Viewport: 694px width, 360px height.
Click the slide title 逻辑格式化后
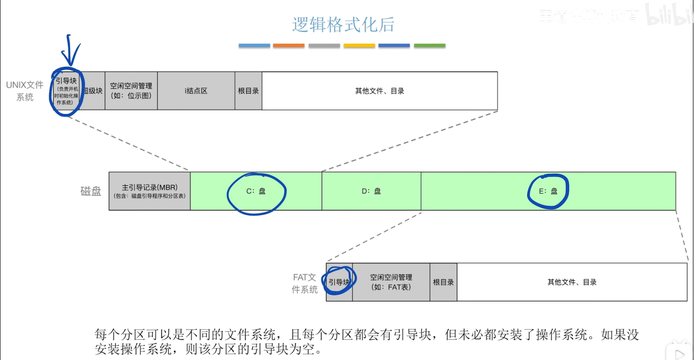click(x=343, y=25)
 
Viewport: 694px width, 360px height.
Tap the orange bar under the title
click(x=289, y=46)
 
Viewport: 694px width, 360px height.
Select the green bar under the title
click(x=430, y=46)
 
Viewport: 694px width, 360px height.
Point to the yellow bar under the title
click(x=359, y=46)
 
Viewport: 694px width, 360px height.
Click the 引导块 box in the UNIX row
click(x=66, y=91)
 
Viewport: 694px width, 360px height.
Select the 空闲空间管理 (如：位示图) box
click(x=131, y=91)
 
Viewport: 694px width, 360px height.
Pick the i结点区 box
click(x=196, y=91)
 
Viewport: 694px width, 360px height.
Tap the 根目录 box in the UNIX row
click(x=248, y=91)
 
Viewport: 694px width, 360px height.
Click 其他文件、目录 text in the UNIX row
click(x=379, y=91)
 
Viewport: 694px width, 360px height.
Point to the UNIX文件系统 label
click(x=25, y=91)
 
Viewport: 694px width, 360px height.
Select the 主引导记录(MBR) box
click(x=149, y=191)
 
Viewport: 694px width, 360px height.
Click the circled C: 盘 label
click(x=256, y=191)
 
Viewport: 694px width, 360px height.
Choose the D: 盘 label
click(x=371, y=191)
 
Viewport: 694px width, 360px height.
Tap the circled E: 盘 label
click(x=548, y=191)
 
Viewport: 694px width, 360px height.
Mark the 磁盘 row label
click(x=90, y=191)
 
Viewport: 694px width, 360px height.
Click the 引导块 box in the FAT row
click(x=339, y=282)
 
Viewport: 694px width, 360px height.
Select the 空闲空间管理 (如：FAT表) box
click(x=391, y=282)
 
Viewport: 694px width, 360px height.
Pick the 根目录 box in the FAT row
click(x=444, y=282)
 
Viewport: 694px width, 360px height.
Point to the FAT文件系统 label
click(x=305, y=283)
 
